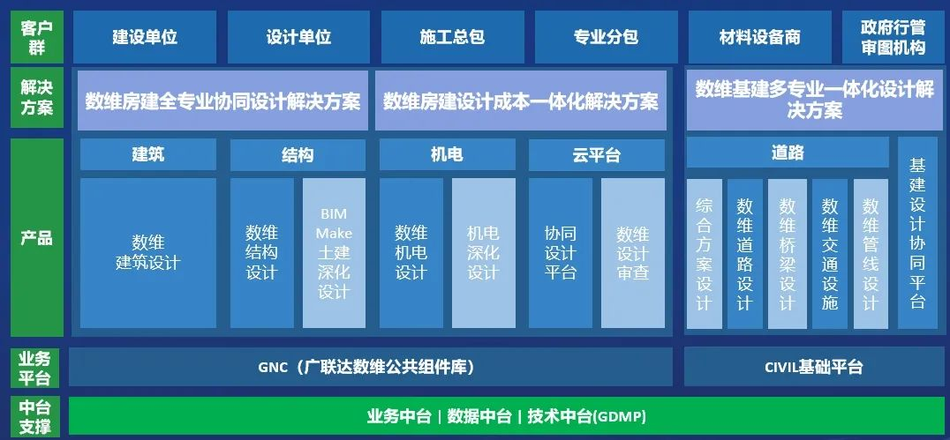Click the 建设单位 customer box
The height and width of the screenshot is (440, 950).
pos(145,37)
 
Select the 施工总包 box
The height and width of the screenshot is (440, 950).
pos(452,37)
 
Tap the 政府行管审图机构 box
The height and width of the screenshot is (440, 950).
pos(893,37)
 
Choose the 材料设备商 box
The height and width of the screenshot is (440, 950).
pos(759,37)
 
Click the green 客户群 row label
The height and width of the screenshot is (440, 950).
pos(37,37)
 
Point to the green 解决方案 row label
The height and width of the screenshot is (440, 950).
pos(37,98)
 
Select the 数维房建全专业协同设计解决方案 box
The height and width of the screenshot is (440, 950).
pos(223,101)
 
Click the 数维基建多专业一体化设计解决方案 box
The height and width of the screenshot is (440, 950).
pos(815,101)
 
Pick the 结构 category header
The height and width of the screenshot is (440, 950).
pos(298,155)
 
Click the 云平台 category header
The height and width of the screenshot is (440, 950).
pos(597,155)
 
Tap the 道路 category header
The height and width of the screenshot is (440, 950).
pos(788,153)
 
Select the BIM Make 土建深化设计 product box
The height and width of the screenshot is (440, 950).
pos(335,253)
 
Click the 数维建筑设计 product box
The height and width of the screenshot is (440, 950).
pos(148,253)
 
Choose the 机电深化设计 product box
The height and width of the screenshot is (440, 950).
pos(484,253)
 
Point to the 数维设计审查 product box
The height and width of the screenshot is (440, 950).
pos(633,253)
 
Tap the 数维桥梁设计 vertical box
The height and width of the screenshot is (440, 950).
pos(788,254)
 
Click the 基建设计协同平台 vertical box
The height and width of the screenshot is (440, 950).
pos(917,233)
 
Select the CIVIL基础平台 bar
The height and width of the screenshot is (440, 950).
pos(814,367)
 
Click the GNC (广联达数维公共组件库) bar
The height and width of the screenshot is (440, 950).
pos(371,367)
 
